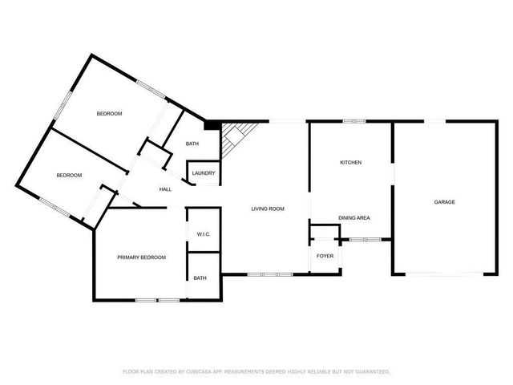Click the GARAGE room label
(x=445, y=202)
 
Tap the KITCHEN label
(x=350, y=163)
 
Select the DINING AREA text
(x=353, y=217)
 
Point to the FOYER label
(x=325, y=256)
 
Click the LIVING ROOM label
(x=268, y=209)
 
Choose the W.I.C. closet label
(x=203, y=234)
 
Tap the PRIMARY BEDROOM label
(x=141, y=257)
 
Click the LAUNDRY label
(x=203, y=172)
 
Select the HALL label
(x=165, y=189)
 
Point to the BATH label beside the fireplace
(x=192, y=144)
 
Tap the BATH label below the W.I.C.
(x=200, y=278)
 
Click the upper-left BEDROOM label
(x=109, y=114)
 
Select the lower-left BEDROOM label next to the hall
(x=69, y=175)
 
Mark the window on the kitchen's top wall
(x=351, y=121)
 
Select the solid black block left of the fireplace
(x=212, y=124)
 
